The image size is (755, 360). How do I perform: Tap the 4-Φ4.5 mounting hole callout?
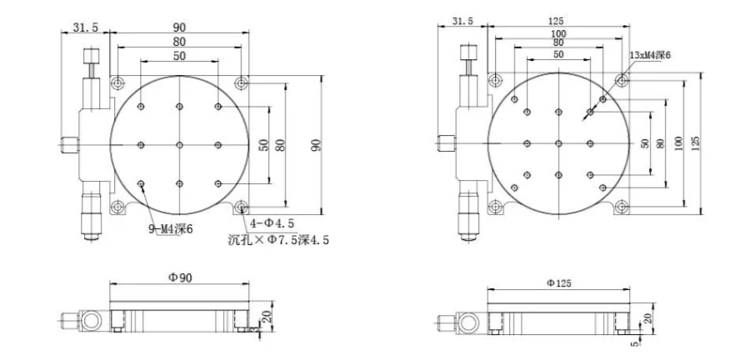(272, 222)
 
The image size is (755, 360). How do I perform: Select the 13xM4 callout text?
(650, 55)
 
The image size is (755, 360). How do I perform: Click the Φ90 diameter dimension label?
(179, 277)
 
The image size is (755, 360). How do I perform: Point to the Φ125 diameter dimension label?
(558, 283)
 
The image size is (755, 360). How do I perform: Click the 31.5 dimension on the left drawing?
(85, 27)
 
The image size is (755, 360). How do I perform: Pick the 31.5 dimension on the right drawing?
(462, 21)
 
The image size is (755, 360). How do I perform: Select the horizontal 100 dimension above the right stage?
(558, 33)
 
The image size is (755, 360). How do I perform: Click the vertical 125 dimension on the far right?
(695, 143)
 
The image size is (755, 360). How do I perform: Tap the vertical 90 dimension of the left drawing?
(316, 145)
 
